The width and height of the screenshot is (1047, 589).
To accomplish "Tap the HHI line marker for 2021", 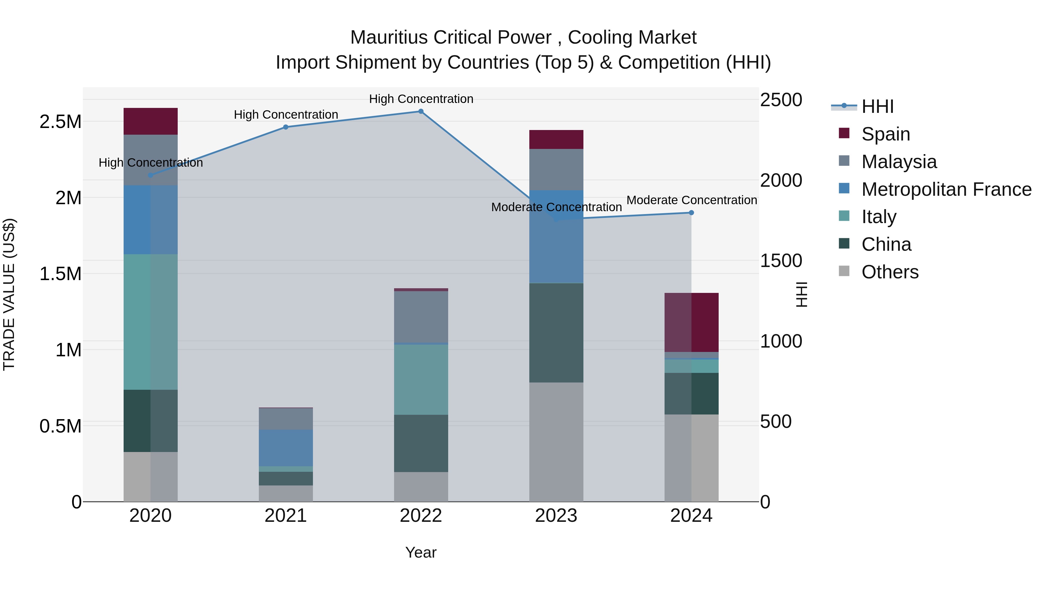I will click(x=286, y=127).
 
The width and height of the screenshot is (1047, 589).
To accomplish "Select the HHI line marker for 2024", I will click(x=691, y=213).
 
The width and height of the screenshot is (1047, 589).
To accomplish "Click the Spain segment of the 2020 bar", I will click(x=150, y=121).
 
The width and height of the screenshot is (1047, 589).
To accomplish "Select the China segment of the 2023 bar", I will click(x=556, y=332).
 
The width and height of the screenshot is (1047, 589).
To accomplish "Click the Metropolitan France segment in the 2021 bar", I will click(x=286, y=448).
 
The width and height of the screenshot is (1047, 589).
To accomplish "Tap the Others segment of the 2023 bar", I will click(x=556, y=442).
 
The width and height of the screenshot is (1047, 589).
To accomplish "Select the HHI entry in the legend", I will click(x=877, y=106).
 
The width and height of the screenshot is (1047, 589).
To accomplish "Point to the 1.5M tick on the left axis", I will click(x=60, y=274).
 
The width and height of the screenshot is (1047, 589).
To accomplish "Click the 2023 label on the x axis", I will click(x=556, y=516).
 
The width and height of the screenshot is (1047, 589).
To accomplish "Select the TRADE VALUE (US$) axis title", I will click(x=9, y=294).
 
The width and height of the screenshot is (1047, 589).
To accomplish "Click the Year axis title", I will click(x=421, y=552).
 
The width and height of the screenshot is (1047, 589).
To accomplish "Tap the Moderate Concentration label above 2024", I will click(x=691, y=200).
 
